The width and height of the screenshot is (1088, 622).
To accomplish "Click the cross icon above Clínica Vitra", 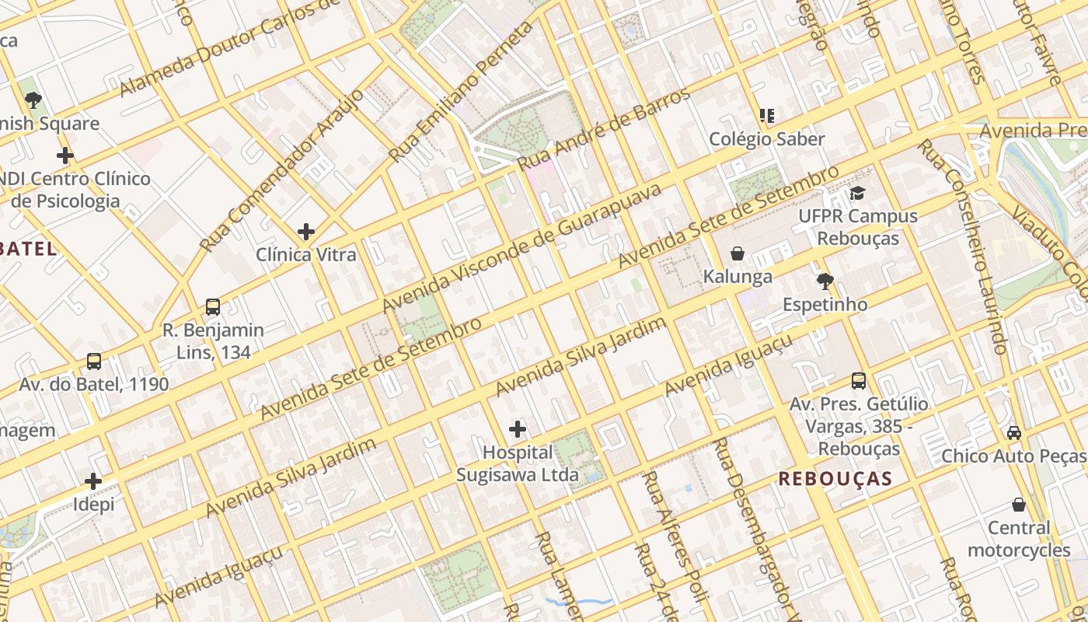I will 306,231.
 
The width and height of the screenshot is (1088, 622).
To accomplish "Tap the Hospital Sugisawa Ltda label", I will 517,463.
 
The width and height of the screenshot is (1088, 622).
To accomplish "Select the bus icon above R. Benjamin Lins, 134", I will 213,306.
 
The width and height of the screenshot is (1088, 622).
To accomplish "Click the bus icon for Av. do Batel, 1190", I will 94,361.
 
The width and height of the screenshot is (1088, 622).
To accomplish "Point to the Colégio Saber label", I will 766,139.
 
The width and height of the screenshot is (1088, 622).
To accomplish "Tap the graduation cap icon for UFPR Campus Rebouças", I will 857,193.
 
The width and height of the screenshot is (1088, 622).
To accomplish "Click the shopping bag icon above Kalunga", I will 737,253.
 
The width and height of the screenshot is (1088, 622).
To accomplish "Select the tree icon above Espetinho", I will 825,281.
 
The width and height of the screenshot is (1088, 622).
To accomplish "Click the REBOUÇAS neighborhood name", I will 835,478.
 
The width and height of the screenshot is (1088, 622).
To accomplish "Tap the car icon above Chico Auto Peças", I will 1013,432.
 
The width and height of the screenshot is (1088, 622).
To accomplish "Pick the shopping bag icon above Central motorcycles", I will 1018,505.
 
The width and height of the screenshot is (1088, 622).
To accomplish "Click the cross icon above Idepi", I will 93,480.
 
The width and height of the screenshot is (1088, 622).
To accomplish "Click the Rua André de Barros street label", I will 604,129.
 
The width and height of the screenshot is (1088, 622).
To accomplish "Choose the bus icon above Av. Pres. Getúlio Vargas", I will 858,380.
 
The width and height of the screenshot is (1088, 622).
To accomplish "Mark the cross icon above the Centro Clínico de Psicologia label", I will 65,155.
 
